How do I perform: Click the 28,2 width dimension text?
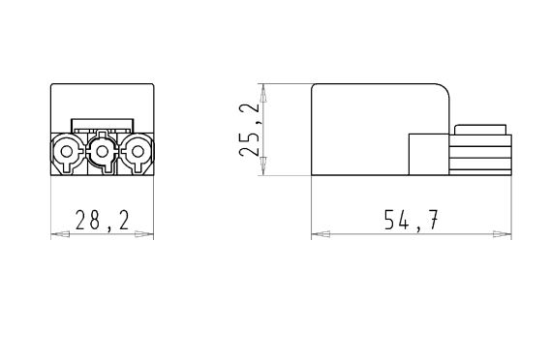coord(103,221)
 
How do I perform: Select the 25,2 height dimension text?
coord(250,130)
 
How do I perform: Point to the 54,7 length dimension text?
coord(412,220)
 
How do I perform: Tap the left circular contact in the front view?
coord(67,152)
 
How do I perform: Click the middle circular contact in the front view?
coord(102,152)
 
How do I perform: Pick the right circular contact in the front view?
coord(137,152)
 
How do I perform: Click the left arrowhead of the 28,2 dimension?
coord(60,234)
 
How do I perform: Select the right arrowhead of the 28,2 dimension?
coord(144,234)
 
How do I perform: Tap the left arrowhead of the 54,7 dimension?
coord(321,234)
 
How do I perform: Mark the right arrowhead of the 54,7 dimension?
coord(503,234)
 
